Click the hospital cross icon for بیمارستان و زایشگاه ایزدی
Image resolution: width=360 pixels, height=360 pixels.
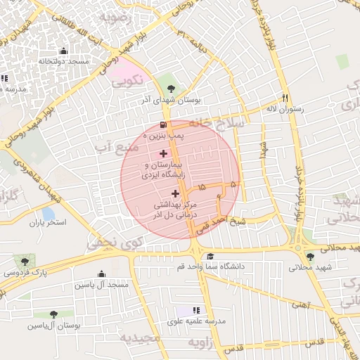pyautogui.click(x=164, y=153)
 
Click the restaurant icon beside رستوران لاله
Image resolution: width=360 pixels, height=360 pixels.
pyautogui.click(x=285, y=98)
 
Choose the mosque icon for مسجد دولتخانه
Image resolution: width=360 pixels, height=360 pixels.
pyautogui.click(x=64, y=51)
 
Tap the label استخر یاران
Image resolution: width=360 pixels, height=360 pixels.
pyautogui.click(x=47, y=224)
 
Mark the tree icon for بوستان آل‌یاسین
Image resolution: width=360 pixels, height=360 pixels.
pyautogui.click(x=53, y=314)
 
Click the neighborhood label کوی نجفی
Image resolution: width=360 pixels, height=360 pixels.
pyautogui.click(x=105, y=243)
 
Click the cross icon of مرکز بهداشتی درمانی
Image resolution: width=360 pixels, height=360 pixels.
pyautogui.click(x=175, y=193)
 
